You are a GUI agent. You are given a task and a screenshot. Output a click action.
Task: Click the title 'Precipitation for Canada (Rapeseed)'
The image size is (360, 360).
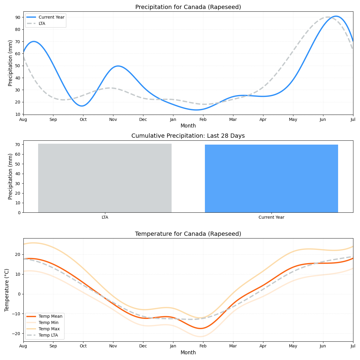(x=188, y=7)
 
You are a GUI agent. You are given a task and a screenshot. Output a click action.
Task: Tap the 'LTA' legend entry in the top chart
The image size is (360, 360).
(x=42, y=23)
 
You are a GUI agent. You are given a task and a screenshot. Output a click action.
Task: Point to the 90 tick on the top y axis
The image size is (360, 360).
(x=18, y=17)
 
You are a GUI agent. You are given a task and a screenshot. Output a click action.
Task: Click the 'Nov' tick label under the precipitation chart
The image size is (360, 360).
(x=113, y=119)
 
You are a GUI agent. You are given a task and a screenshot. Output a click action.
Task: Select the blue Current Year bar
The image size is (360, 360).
(x=271, y=178)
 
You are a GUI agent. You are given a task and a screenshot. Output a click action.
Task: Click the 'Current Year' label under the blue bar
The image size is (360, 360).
(x=271, y=217)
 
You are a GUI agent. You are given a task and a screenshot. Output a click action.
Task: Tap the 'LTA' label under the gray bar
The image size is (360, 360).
(x=105, y=217)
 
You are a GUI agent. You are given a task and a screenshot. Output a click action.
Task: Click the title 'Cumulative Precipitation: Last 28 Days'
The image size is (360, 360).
(x=188, y=136)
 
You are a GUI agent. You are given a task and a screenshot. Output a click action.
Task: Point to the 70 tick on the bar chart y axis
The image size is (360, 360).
(x=18, y=145)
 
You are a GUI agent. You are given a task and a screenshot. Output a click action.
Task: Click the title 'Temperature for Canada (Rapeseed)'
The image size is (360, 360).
(x=188, y=234)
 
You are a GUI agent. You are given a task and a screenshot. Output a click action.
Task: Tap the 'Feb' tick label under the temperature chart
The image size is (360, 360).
(x=203, y=346)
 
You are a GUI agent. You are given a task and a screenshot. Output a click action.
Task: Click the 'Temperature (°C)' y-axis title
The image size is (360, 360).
(x=7, y=290)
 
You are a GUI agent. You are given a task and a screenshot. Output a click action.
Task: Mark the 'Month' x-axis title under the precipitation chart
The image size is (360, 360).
(x=188, y=126)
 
